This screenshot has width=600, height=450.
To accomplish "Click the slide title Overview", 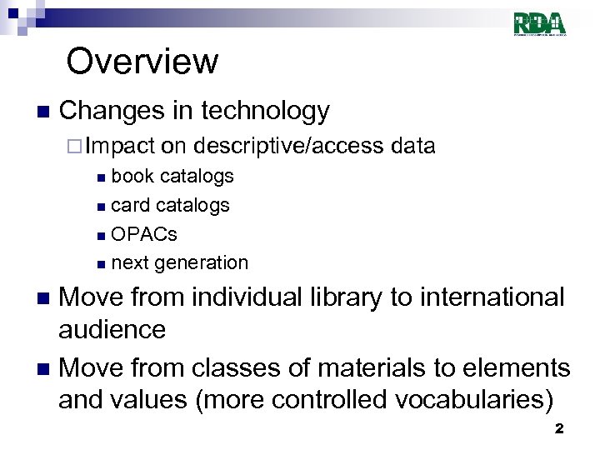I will point(142,62).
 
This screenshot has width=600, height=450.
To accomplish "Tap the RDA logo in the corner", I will point(540,23).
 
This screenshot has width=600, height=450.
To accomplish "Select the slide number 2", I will point(559,428).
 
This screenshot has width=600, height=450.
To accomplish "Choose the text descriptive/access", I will point(287,147).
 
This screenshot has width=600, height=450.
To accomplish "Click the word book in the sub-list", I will point(132,176).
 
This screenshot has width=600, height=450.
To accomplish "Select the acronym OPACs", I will point(144,234).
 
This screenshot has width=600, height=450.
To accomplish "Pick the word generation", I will point(202,263).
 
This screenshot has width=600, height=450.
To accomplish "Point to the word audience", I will point(112,329).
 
